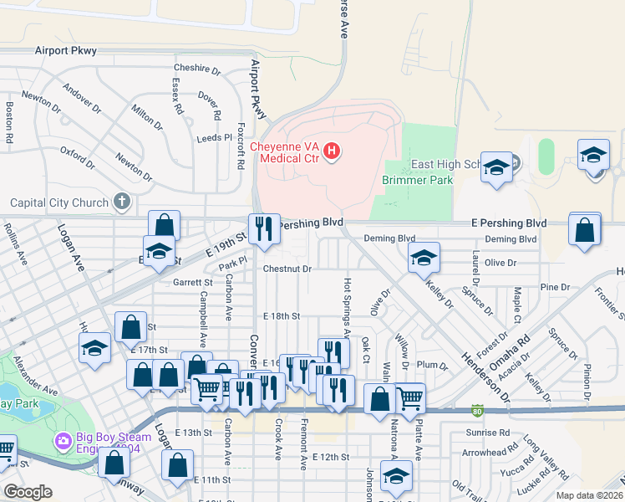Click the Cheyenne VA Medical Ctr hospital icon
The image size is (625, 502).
coord(332,151)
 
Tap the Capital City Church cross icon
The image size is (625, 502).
coord(122,202)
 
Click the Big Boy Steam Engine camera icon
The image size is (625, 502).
coord(62,439)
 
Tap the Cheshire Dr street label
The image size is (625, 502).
coord(196,69)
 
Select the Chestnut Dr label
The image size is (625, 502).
coord(287,269)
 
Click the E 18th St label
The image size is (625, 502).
coord(281,316)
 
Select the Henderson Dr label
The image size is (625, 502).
coord(485,375)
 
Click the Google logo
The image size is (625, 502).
coord(28,493)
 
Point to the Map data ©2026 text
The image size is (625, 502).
coord(589,495)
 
